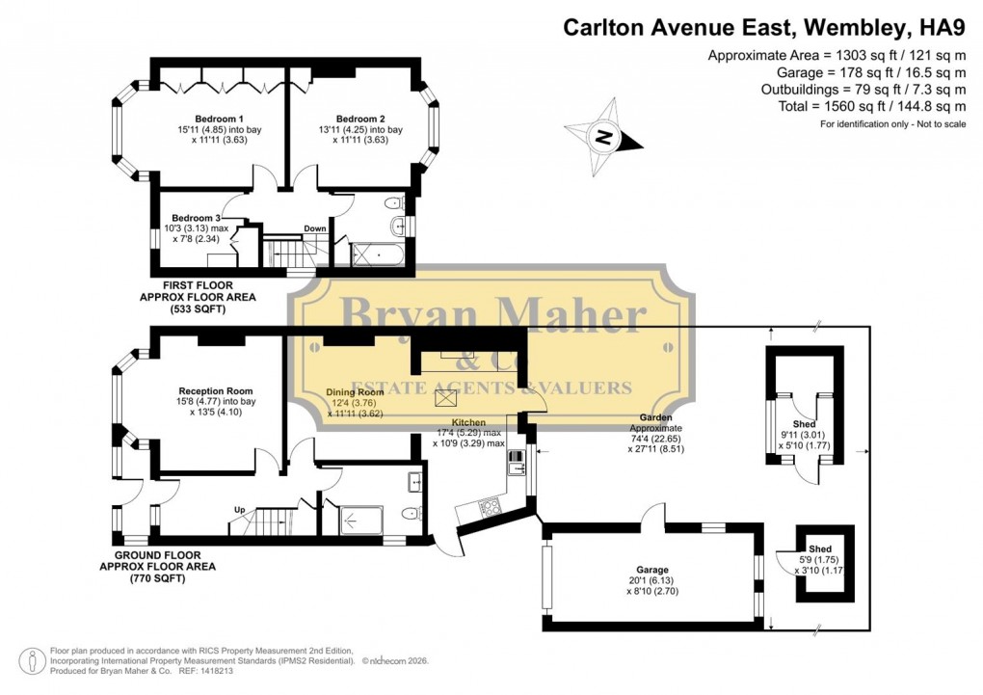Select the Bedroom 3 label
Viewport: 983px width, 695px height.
tap(196, 218)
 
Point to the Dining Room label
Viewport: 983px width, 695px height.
tap(355, 391)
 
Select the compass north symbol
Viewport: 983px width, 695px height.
tap(603, 137)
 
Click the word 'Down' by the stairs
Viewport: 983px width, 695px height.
tap(314, 228)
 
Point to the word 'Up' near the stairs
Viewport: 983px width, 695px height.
tap(242, 510)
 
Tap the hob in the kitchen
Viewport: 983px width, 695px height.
tap(490, 504)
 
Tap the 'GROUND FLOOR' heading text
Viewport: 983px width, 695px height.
tap(158, 555)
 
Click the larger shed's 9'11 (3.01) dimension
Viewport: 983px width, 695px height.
tap(804, 435)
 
